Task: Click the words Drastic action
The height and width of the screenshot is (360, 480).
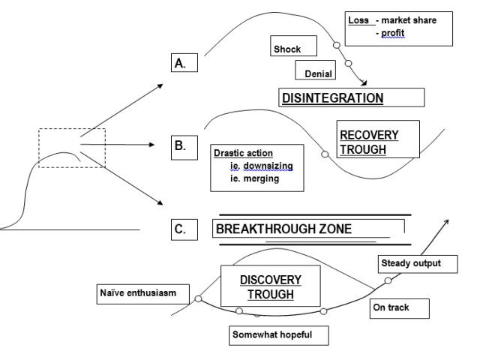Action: click(238, 153)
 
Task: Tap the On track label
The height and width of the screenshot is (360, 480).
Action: click(400, 307)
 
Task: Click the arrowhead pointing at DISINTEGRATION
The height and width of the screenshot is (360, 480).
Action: click(364, 85)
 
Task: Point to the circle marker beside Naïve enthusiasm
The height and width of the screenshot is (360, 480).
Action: click(198, 298)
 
